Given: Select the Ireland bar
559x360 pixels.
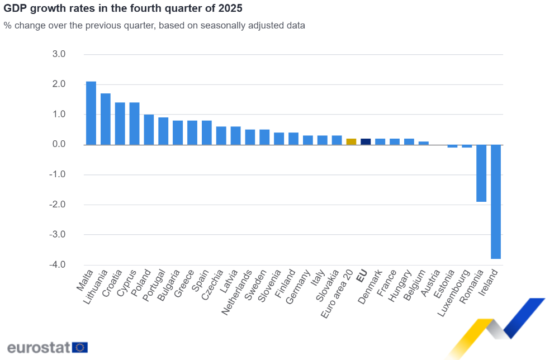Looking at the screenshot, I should pyautogui.click(x=496, y=201).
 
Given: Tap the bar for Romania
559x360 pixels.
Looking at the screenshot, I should pyautogui.click(x=481, y=173).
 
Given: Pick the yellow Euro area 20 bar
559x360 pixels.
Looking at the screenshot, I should pyautogui.click(x=351, y=141).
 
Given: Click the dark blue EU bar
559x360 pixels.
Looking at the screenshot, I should pyautogui.click(x=366, y=141).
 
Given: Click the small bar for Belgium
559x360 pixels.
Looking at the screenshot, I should pyautogui.click(x=424, y=143).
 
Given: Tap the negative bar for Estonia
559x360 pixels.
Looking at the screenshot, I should pyautogui.click(x=452, y=146).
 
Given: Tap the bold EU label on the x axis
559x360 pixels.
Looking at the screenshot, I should pyautogui.click(x=362, y=275).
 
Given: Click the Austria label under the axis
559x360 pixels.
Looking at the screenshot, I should pyautogui.click(x=430, y=283).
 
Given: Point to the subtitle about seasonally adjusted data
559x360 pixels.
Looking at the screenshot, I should pyautogui.click(x=154, y=25).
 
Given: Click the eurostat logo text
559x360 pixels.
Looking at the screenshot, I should pyautogui.click(x=38, y=347).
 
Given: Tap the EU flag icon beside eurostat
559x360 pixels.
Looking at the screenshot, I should pyautogui.click(x=80, y=347).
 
